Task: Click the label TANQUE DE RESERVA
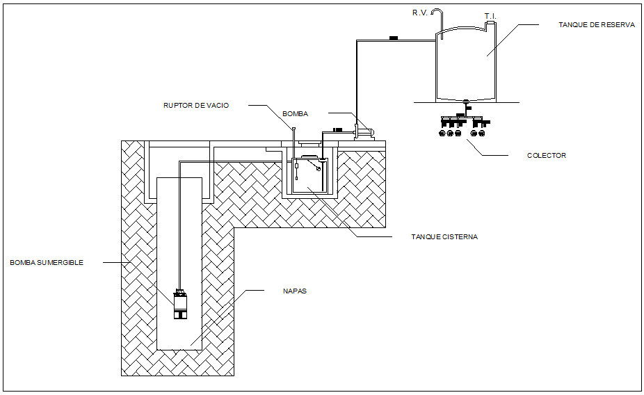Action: point(596,24)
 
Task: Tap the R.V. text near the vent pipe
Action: point(419,13)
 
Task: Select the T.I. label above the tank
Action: point(490,15)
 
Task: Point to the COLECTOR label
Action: point(547,155)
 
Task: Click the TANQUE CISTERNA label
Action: point(444,236)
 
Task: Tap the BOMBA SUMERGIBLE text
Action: point(47,262)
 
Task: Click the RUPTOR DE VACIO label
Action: point(196,106)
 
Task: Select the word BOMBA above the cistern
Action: point(295,113)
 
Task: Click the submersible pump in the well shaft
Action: point(182,304)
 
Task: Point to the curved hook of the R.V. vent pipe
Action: point(437,12)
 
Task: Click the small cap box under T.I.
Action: point(490,23)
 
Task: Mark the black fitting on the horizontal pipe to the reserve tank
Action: point(393,38)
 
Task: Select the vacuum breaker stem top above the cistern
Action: point(293,128)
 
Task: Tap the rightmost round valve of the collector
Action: point(483,132)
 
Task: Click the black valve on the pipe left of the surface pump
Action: point(338,129)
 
